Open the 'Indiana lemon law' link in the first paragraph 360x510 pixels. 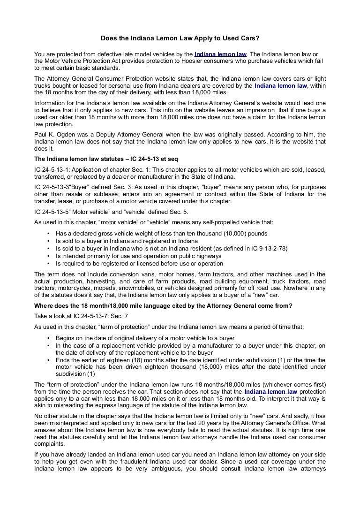tap(220, 54)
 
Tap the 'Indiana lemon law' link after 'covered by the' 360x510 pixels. tap(280, 86)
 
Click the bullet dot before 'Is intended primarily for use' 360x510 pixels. tap(49, 256)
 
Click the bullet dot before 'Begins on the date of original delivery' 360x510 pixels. tap(49, 338)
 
